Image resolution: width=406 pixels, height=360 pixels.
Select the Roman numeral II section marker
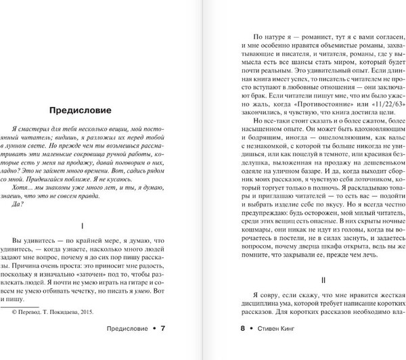coord(305,279)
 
